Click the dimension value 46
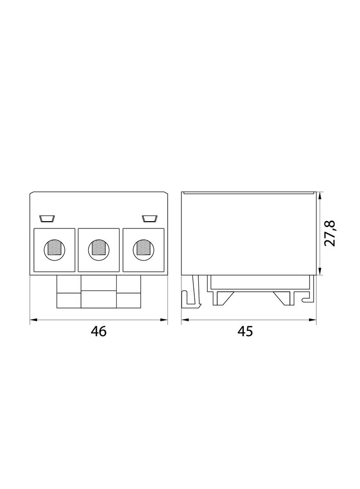pyautogui.click(x=99, y=331)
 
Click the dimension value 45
pyautogui.click(x=245, y=331)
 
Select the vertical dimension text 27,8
pyautogui.click(x=330, y=233)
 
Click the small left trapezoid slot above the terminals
pyautogui.click(x=47, y=219)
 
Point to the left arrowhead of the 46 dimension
pyautogui.click(x=34, y=320)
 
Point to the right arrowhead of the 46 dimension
pyautogui.click(x=164, y=320)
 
